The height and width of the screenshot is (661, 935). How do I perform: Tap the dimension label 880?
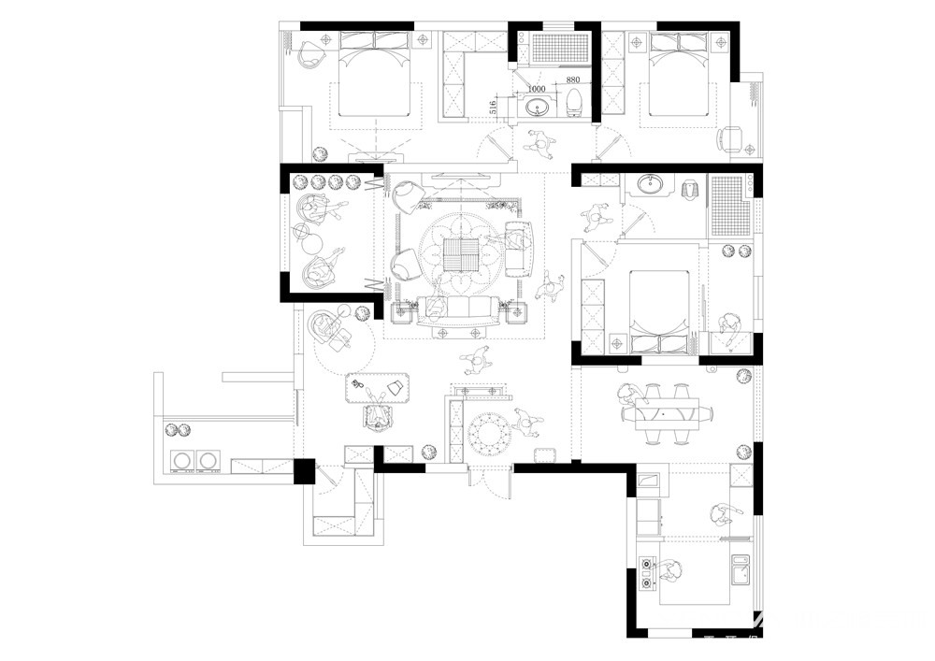coord(572,79)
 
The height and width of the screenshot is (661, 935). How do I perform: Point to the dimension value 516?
coord(493,107)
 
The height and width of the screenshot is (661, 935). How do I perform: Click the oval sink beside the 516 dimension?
coord(539,108)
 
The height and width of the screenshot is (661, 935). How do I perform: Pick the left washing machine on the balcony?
coord(182,461)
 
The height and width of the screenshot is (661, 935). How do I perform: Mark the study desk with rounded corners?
coord(378,388)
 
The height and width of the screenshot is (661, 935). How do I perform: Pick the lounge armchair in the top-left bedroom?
coord(310,53)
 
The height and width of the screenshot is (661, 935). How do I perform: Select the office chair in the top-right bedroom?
coord(731,140)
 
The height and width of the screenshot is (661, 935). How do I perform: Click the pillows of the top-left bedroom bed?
coord(374,40)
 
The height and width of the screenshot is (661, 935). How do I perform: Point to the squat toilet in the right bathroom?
coord(691,188)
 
